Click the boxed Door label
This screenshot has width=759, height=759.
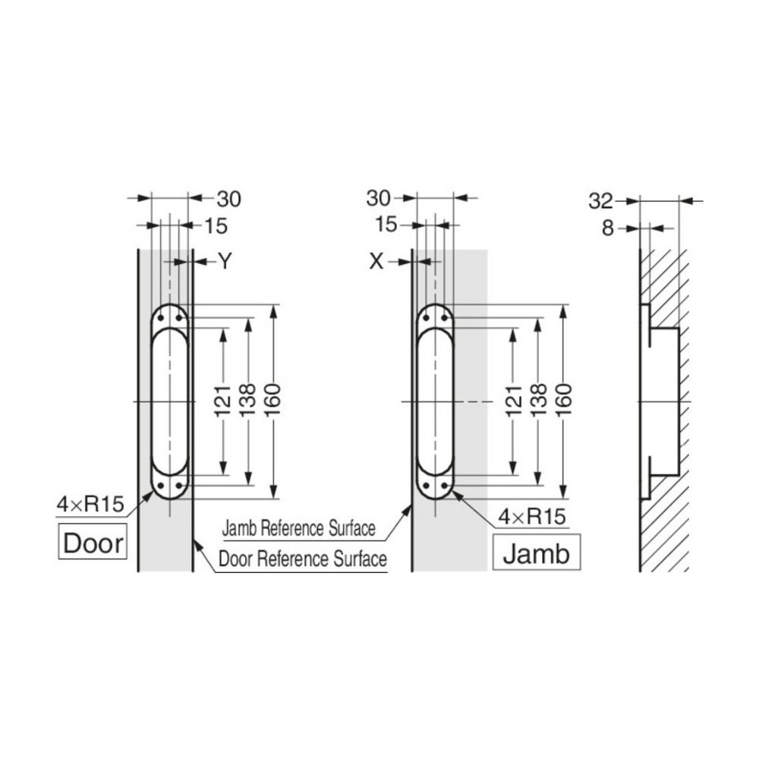pyautogui.click(x=93, y=542)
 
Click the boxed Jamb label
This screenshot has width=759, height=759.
pyautogui.click(x=537, y=553)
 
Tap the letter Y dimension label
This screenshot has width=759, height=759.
pyautogui.click(x=225, y=261)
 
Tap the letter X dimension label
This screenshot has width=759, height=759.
pyautogui.click(x=376, y=261)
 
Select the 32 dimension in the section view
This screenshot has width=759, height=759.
pyautogui.click(x=600, y=201)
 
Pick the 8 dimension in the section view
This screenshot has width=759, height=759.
pyautogui.click(x=608, y=228)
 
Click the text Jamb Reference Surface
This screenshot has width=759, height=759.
pyautogui.click(x=298, y=528)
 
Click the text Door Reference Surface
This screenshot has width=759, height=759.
pyautogui.click(x=303, y=559)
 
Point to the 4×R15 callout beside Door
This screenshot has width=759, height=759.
pyautogui.click(x=90, y=505)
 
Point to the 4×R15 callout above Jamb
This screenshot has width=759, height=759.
pyautogui.click(x=532, y=516)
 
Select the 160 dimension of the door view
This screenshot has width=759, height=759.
pyautogui.click(x=273, y=400)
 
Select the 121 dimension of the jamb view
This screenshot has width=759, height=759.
pyautogui.click(x=514, y=400)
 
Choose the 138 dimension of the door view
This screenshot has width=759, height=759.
pyautogui.click(x=248, y=400)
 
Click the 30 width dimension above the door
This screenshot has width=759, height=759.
pyautogui.click(x=228, y=199)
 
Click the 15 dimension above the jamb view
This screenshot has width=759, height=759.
pyautogui.click(x=386, y=224)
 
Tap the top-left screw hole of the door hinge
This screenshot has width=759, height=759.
pyautogui.click(x=161, y=318)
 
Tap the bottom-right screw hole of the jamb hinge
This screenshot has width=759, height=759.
pyautogui.click(x=444, y=485)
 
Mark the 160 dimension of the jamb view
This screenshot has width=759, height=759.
pyautogui.click(x=564, y=400)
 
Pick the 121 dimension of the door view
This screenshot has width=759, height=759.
pyautogui.click(x=222, y=400)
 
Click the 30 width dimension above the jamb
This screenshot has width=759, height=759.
pyautogui.click(x=378, y=198)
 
